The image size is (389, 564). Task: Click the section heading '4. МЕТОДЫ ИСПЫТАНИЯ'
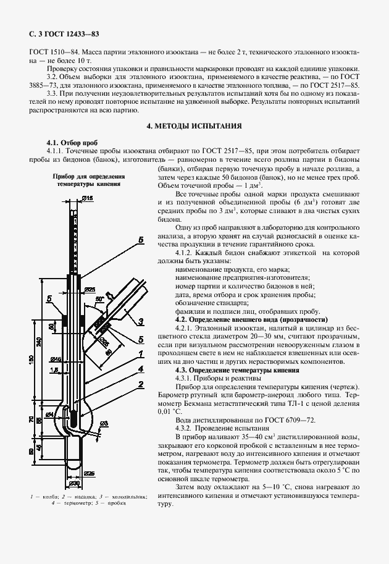[x=194, y=125]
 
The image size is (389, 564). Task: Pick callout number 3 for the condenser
[x=141, y=321]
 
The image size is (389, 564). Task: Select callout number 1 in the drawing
[x=141, y=353]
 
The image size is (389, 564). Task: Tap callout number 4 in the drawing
[x=141, y=369]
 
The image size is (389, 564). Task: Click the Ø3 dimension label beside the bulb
[x=104, y=422]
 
